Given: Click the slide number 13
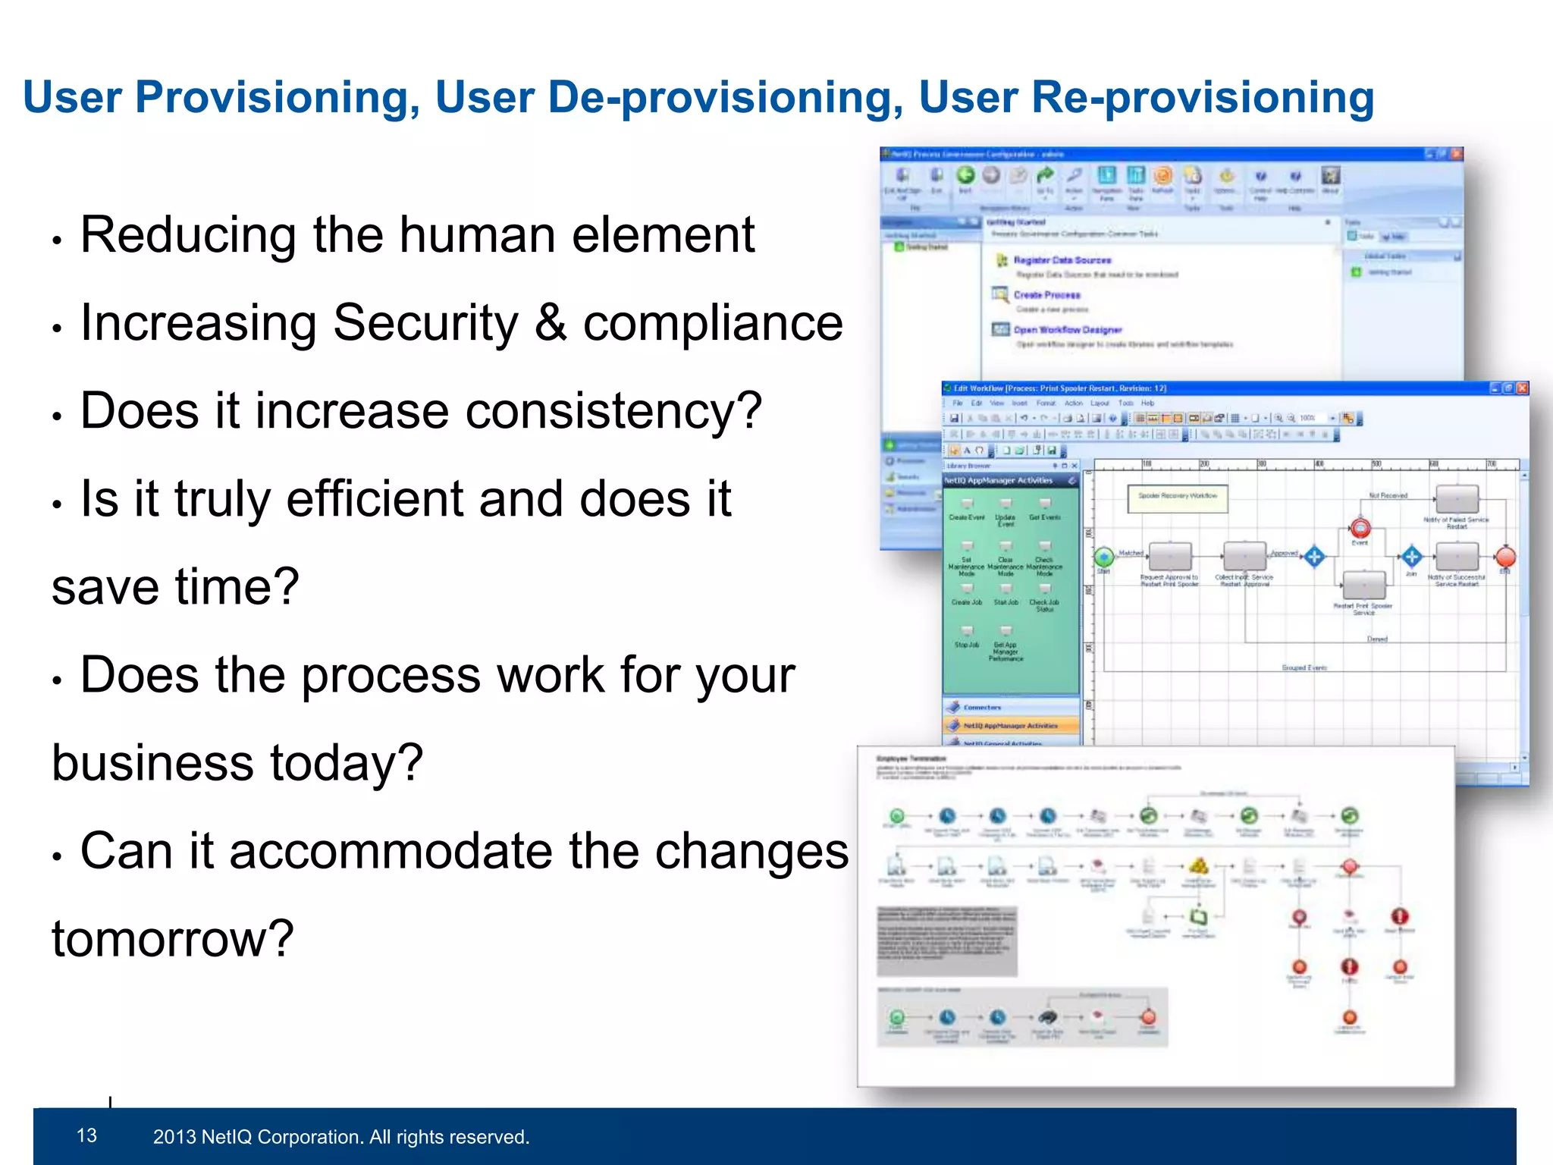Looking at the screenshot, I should (x=86, y=1135).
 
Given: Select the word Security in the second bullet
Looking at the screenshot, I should (x=425, y=323).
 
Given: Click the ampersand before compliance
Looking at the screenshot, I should (x=551, y=323).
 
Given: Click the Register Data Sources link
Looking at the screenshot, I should (x=1062, y=260).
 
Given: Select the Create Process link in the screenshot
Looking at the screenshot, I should (x=1046, y=295).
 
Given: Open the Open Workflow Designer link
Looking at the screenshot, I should (x=1067, y=330).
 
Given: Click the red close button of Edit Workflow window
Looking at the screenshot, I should (x=1522, y=388).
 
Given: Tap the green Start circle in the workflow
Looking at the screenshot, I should (x=1104, y=557).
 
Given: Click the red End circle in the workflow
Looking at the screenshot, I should (x=1505, y=557).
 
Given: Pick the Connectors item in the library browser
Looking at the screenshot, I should (x=982, y=707).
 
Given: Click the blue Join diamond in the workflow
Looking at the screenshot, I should (x=1411, y=557).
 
